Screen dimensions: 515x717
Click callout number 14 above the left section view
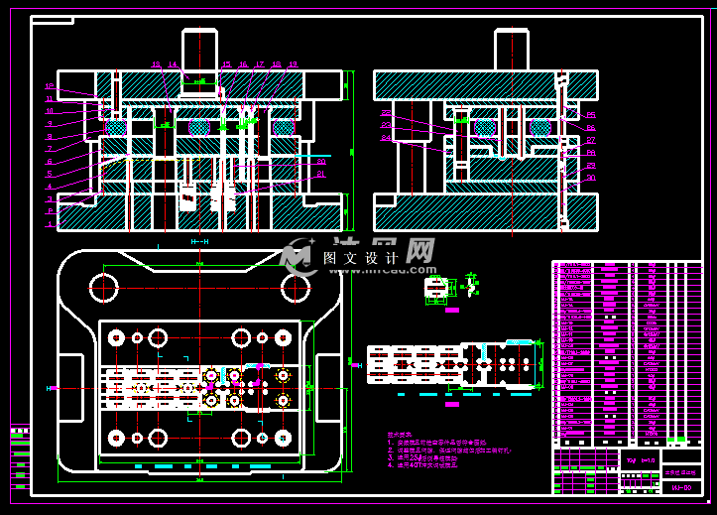[x=173, y=65]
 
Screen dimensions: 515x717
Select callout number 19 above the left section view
[x=294, y=65]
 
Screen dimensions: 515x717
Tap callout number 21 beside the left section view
[x=321, y=175]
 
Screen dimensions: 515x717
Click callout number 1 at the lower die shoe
[x=49, y=224]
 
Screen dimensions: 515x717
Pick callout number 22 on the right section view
[x=385, y=114]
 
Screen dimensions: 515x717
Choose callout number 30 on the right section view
[x=591, y=179]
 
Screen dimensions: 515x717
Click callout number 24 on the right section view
[x=385, y=138]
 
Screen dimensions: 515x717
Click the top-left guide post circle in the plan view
[x=104, y=288]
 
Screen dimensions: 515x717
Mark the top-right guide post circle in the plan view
[x=295, y=288]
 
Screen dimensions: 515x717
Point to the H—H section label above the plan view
[x=199, y=242]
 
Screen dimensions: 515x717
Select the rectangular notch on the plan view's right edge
[x=329, y=387]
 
